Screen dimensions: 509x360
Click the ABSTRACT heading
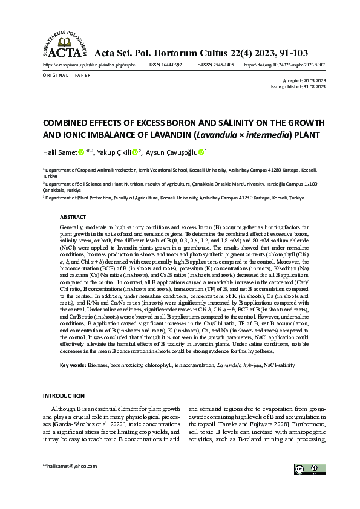(73, 216)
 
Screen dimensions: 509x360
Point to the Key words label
(73, 366)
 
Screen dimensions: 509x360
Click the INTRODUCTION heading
(64, 395)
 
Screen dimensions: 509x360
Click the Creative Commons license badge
(306, 470)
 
